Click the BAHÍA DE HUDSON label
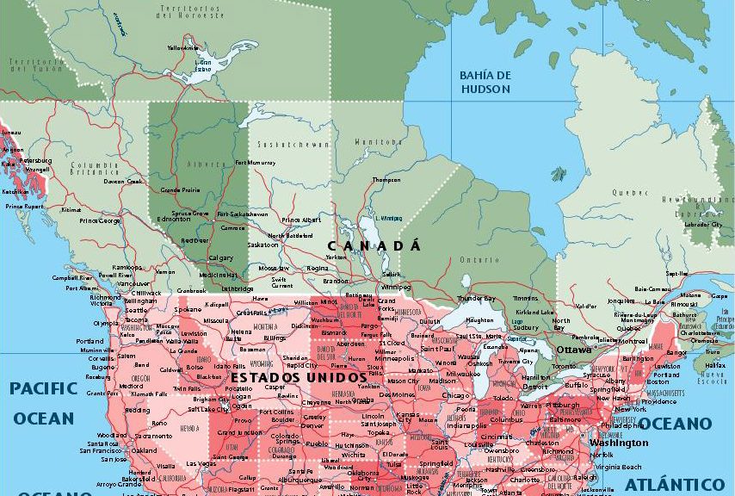[x=485, y=82]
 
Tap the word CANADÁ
[x=374, y=246]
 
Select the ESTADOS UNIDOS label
[x=287, y=378]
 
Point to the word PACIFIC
[x=44, y=388]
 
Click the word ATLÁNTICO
[x=674, y=484]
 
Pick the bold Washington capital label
[x=619, y=443]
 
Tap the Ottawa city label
[x=573, y=350]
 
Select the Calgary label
[x=221, y=257]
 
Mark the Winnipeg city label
[x=396, y=287]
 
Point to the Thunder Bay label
[x=476, y=298]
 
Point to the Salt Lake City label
[x=211, y=409]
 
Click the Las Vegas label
[x=201, y=463]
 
